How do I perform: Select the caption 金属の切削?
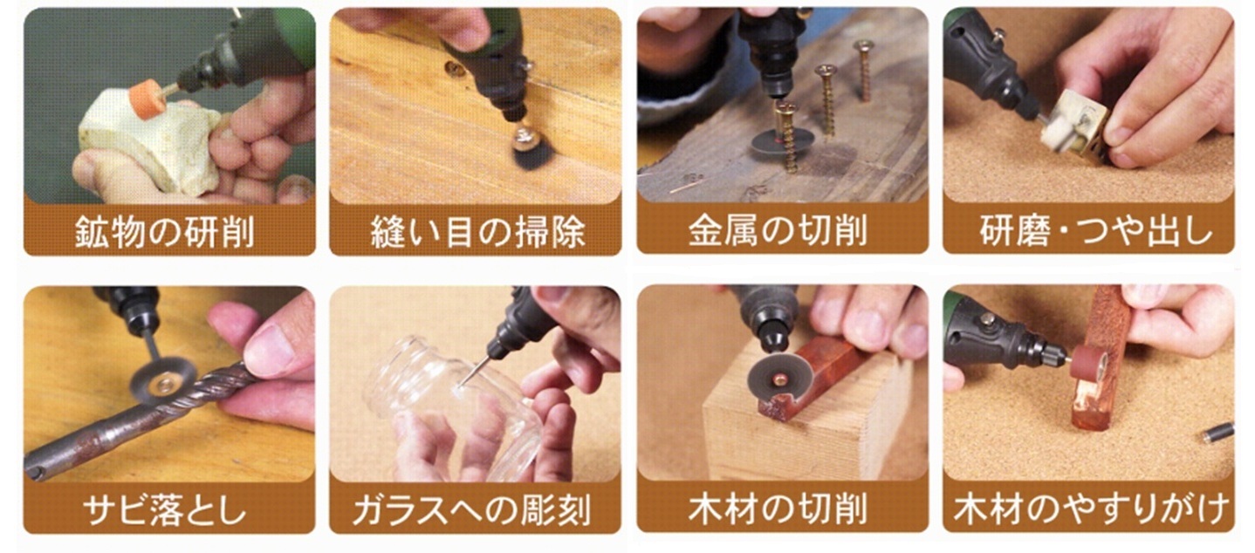(778, 230)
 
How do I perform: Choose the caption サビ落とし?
(165, 509)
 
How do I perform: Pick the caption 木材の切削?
(778, 509)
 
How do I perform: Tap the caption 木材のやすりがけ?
(1092, 509)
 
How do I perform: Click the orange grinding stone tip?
(146, 99)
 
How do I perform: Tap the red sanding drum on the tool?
(1087, 365)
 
